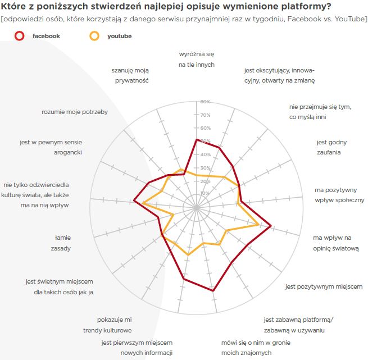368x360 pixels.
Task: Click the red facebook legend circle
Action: coord(20,36)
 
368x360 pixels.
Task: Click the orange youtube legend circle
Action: coord(94,36)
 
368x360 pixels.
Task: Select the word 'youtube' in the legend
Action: coord(120,36)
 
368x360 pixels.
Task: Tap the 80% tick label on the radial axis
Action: coord(205,102)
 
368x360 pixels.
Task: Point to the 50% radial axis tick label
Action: coord(205,142)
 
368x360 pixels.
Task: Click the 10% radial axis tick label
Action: coord(205,194)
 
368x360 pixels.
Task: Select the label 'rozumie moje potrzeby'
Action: coord(75,112)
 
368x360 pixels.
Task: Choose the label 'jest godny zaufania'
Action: coord(329,147)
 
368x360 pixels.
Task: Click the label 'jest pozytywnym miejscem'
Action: coord(324,286)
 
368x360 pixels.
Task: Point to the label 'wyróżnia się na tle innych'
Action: coord(197,60)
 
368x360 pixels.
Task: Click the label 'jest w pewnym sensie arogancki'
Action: coord(52,147)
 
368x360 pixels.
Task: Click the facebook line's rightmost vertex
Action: coord(271,226)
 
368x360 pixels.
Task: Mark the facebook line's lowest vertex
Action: coord(213,291)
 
